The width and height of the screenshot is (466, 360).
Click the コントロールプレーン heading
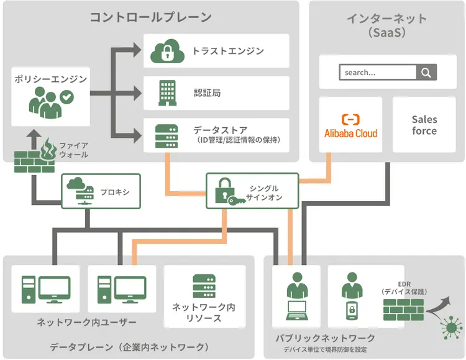click(150, 17)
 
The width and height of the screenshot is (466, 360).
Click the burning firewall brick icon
click(35, 158)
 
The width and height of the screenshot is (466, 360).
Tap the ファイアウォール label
click(73, 150)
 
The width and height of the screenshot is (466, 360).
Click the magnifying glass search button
click(426, 73)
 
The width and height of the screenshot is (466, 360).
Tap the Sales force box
click(424, 125)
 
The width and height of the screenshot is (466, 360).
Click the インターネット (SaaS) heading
click(386, 25)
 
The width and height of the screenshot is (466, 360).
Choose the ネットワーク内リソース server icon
click(204, 287)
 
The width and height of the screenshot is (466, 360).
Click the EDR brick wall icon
click(403, 309)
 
